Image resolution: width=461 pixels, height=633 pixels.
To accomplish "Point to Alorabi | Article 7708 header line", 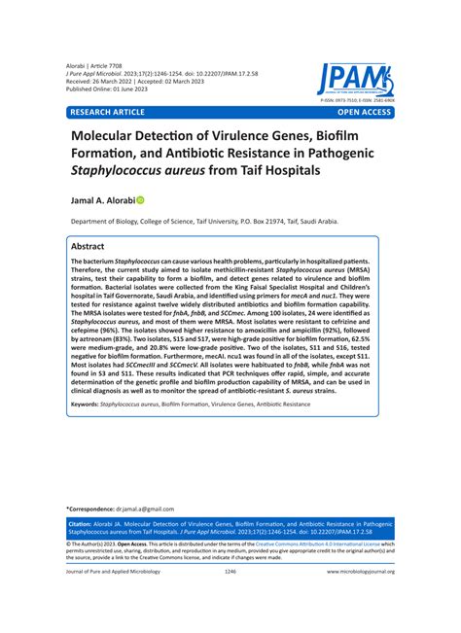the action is (100, 60).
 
